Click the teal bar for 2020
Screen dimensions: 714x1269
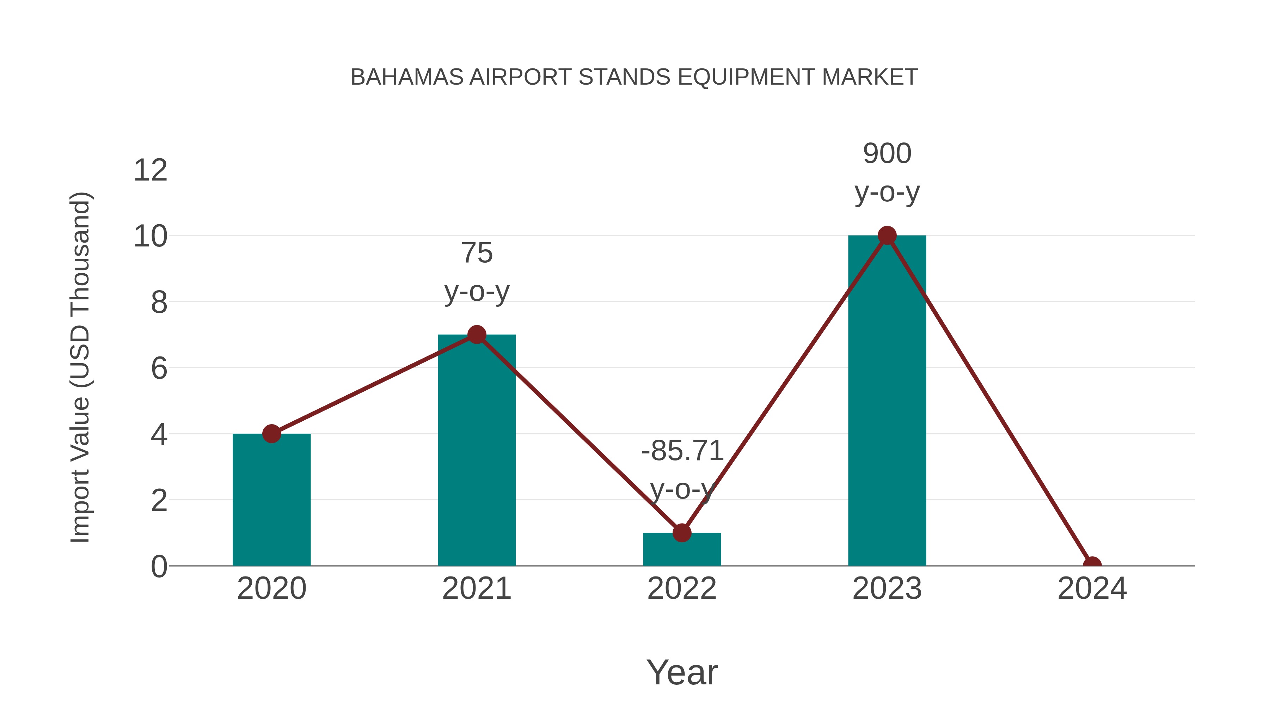(x=271, y=500)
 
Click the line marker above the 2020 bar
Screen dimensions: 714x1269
(x=271, y=434)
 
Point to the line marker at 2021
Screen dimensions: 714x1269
(x=476, y=335)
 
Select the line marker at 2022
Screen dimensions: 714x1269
(x=682, y=533)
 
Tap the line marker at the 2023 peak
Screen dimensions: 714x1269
(x=887, y=236)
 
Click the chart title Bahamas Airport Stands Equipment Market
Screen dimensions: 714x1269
(x=634, y=77)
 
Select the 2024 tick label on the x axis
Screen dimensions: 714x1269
(x=1092, y=588)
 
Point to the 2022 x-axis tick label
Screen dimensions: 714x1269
(x=682, y=588)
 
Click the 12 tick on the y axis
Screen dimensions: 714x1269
(x=150, y=171)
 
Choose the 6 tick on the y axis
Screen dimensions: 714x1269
(x=159, y=368)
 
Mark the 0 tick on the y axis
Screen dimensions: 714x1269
(x=159, y=567)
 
